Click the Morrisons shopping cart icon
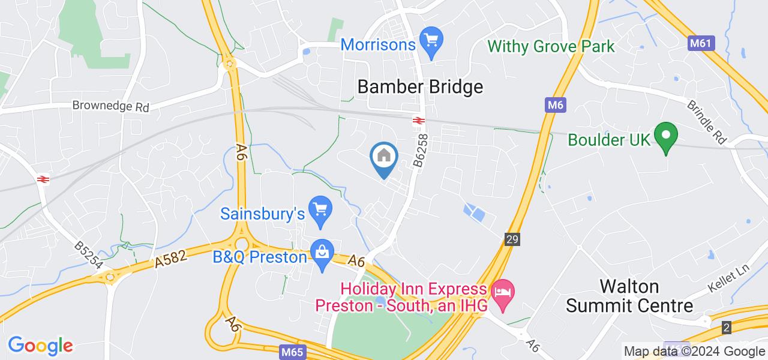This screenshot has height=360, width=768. pos(431,41)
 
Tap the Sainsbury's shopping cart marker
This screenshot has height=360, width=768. pos(320,211)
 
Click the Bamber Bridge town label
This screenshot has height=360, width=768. pos(420,87)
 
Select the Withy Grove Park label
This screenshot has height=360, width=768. pos(551,46)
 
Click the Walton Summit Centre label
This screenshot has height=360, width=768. pos(630,296)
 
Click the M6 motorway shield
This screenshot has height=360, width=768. pos(556,106)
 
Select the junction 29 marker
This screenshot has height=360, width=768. pos(512,239)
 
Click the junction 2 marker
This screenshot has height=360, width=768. pos(727,328)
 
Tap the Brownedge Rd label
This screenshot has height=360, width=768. pos(110,106)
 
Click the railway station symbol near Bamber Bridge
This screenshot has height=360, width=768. pos(418,120)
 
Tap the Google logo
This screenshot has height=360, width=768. pos(40,346)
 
